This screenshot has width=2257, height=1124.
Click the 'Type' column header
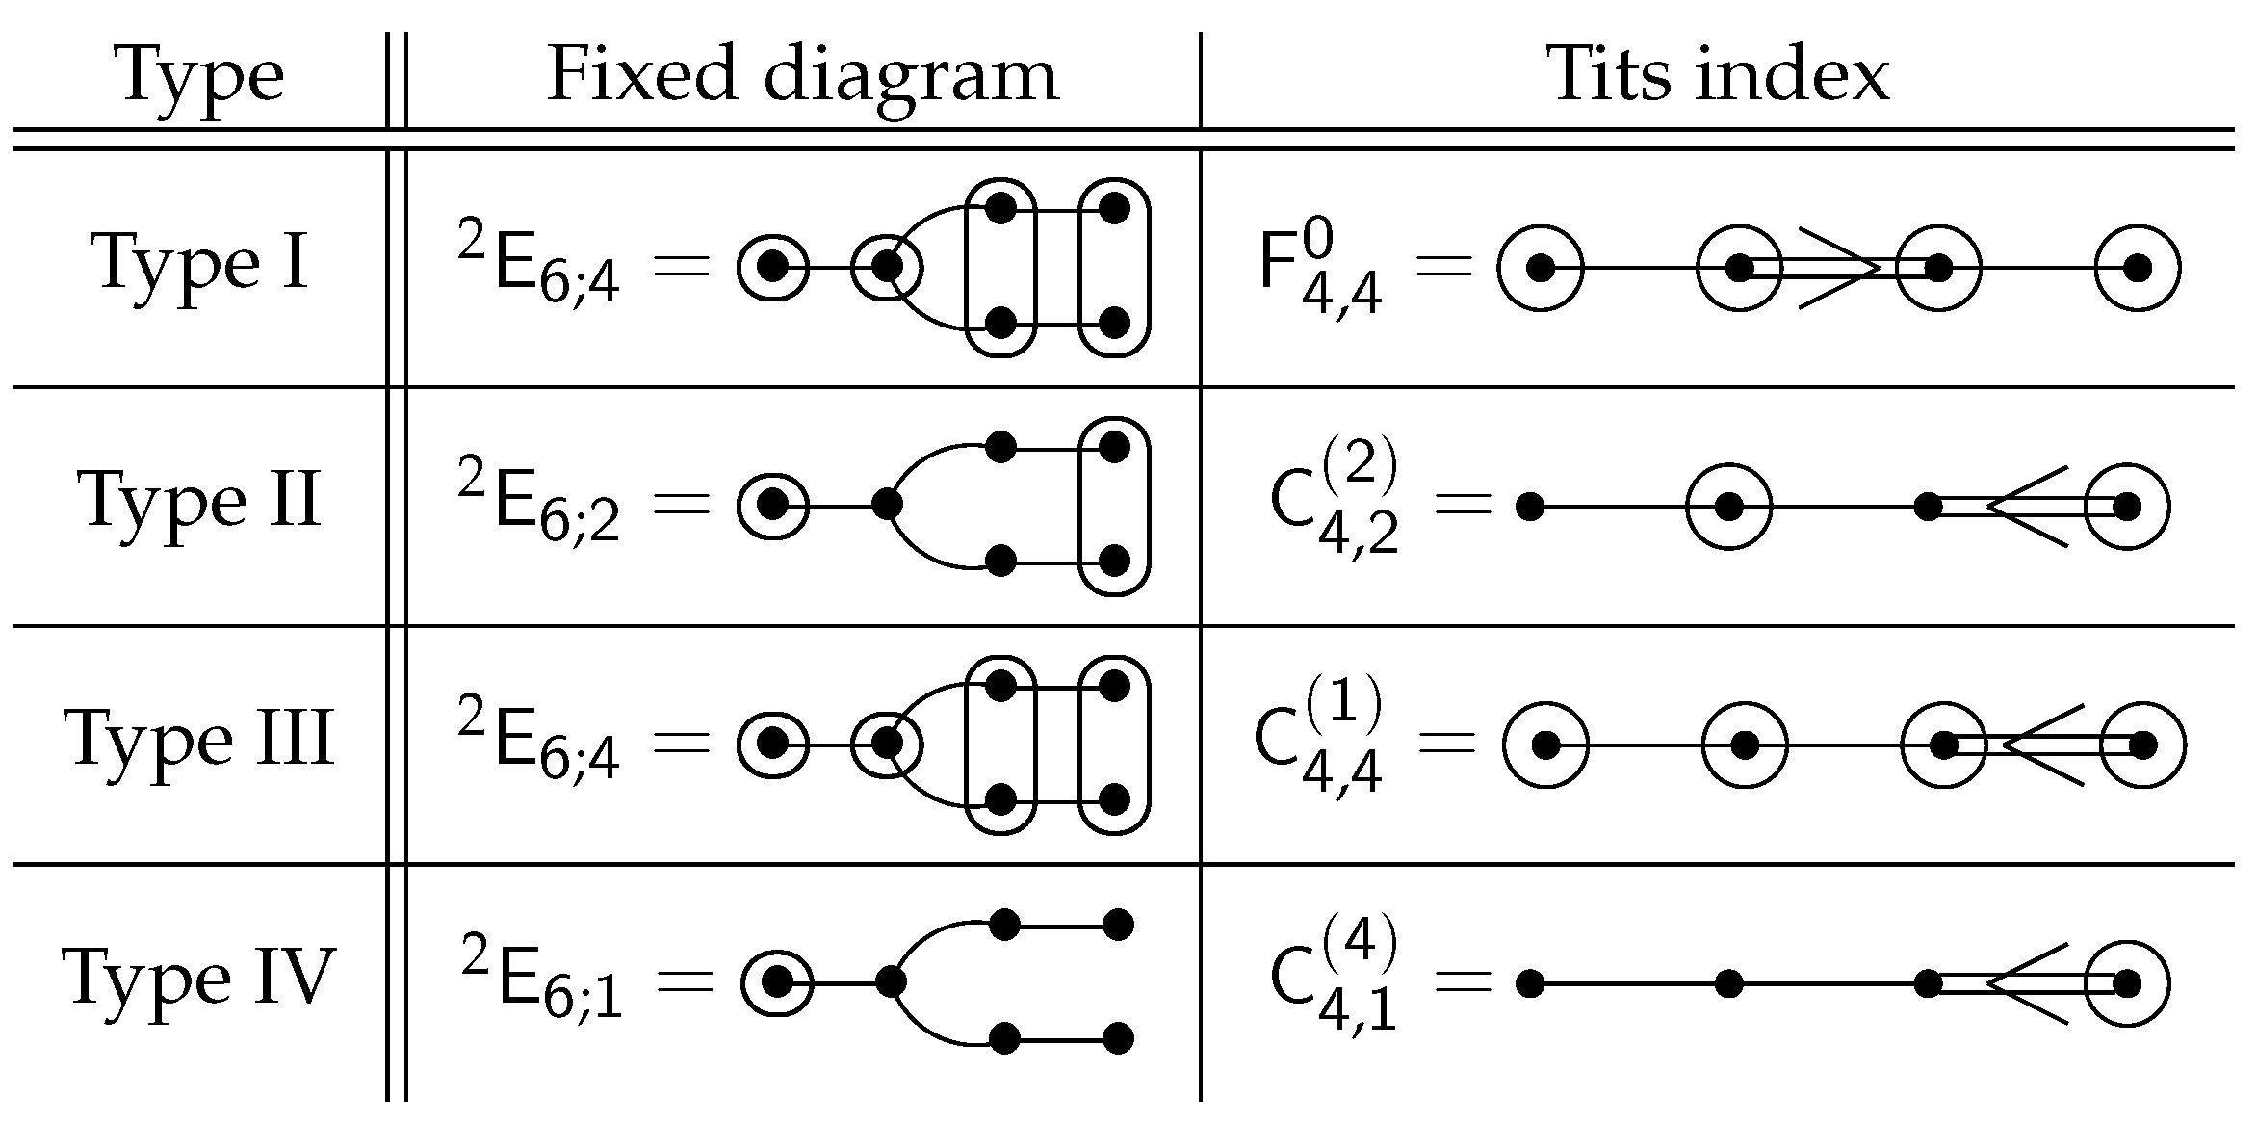click(x=200, y=75)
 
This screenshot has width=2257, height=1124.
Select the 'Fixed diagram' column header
click(x=802, y=75)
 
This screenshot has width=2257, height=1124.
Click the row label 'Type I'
click(x=200, y=262)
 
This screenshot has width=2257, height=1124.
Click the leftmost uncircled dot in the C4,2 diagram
click(x=1529, y=507)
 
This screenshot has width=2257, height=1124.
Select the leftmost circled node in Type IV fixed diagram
click(x=777, y=982)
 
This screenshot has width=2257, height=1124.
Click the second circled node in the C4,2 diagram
click(x=2127, y=507)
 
